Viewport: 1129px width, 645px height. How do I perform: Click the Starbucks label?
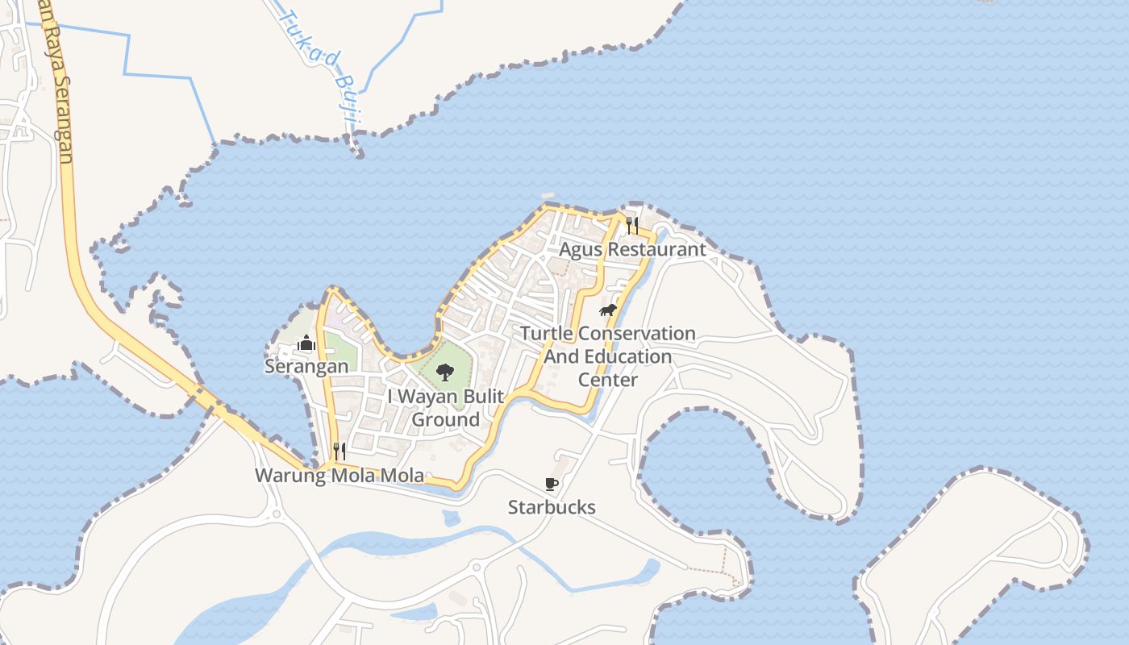[552, 507]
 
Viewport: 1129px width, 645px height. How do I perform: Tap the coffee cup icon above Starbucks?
[552, 484]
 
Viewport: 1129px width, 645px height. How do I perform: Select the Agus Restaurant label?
[632, 249]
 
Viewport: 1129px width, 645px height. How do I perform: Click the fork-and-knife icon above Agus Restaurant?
[632, 225]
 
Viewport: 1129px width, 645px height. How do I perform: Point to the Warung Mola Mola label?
[340, 476]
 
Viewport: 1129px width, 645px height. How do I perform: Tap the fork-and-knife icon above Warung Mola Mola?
[340, 451]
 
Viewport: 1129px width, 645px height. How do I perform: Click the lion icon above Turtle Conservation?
[607, 310]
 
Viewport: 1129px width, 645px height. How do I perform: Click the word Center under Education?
[608, 380]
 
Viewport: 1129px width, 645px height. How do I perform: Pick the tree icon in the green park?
[444, 372]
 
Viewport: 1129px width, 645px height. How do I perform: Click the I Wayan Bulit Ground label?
[445, 408]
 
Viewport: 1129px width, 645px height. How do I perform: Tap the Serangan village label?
[306, 366]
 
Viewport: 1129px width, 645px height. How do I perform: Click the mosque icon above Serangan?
[306, 343]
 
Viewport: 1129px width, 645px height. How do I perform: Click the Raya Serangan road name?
[61, 89]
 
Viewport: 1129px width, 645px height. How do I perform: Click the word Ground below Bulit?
[445, 420]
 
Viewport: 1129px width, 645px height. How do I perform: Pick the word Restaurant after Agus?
[656, 249]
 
